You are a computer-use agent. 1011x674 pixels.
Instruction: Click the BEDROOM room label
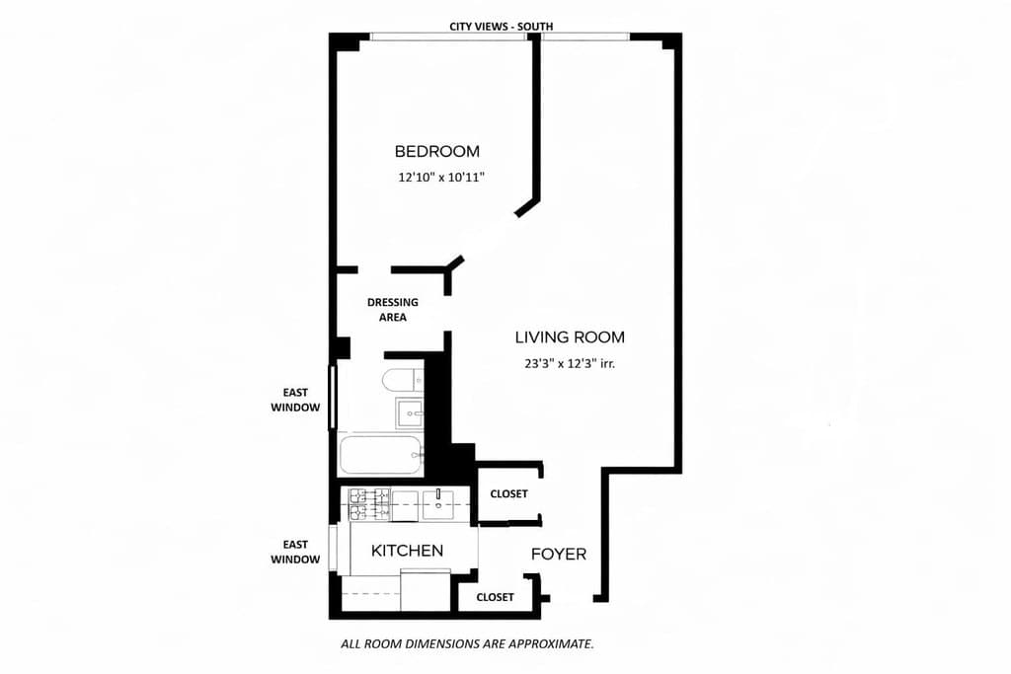[x=436, y=151]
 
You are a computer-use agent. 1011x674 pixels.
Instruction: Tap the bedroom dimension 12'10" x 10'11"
[x=441, y=178]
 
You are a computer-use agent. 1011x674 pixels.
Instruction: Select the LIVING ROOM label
[x=570, y=337]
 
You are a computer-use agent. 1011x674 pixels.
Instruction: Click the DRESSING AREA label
[x=392, y=309]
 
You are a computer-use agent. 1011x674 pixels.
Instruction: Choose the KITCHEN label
[x=407, y=550]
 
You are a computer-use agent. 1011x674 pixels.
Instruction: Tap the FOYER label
[x=559, y=554]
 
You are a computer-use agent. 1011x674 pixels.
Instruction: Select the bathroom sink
[x=410, y=412]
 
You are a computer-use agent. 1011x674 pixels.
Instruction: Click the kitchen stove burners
[x=367, y=503]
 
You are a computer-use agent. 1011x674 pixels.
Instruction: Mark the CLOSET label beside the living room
[x=508, y=493]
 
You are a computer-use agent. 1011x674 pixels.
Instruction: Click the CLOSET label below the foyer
[x=495, y=597]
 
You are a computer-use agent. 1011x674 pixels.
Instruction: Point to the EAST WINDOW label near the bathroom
[x=295, y=400]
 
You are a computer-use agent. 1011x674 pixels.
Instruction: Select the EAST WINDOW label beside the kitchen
[x=295, y=552]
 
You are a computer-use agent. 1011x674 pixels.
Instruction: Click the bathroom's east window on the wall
[x=333, y=397]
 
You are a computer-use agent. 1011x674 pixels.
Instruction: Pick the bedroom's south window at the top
[x=448, y=37]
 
